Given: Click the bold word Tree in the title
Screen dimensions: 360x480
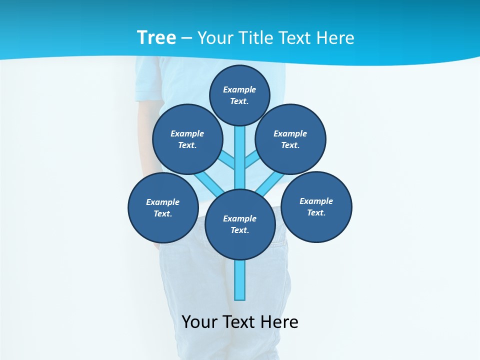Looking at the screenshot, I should [156, 37].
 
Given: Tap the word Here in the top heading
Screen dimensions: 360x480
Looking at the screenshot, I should [334, 37].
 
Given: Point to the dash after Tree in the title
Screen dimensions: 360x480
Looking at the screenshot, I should [186, 38].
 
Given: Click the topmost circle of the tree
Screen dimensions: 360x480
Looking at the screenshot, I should [239, 95].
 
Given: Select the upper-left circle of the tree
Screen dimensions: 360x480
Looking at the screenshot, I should [187, 139].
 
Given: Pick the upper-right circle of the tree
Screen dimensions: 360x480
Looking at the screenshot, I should [290, 139].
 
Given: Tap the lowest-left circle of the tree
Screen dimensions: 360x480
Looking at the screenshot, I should [163, 207].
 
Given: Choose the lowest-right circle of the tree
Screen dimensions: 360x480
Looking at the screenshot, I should [316, 206].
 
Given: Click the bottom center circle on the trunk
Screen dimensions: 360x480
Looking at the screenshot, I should [240, 224].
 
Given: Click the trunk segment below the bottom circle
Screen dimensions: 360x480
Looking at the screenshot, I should [240, 280].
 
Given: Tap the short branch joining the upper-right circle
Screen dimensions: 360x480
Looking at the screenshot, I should [252, 160].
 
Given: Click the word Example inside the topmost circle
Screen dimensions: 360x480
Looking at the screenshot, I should [239, 89].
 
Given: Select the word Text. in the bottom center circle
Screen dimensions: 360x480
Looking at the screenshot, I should [240, 230].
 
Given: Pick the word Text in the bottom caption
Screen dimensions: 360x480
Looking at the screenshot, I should [239, 321].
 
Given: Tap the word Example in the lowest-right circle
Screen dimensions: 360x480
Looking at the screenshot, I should [316, 201].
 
